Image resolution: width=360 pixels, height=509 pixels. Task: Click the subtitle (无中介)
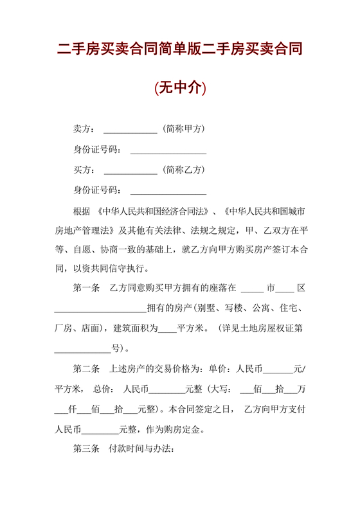pos(180,88)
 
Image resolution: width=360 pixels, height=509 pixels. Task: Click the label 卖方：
pos(85,129)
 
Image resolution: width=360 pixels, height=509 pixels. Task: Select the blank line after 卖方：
pos(130,130)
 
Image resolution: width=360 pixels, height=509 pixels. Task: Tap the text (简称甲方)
pos(183,129)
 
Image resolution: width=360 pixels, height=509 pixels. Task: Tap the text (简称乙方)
pos(183,170)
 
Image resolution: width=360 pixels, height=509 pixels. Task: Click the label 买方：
pos(85,170)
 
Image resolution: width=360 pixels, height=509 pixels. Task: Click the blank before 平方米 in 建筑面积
pos(166,330)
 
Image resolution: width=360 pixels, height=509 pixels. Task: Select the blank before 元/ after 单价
pos(278,371)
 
